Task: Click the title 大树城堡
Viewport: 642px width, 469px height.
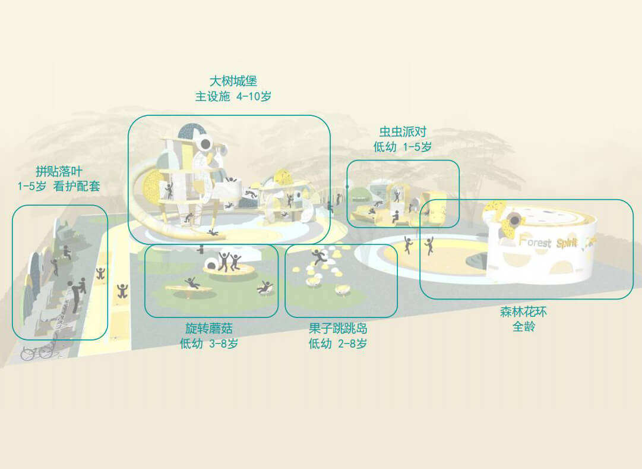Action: pyautogui.click(x=233, y=81)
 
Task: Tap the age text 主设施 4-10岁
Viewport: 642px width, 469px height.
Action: pyautogui.click(x=233, y=96)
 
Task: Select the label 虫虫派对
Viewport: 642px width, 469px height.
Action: pyautogui.click(x=403, y=131)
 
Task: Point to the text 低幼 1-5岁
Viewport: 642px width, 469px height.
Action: pyautogui.click(x=403, y=147)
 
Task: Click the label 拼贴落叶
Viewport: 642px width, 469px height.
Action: pyautogui.click(x=59, y=171)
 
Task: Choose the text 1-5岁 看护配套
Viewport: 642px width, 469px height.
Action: pyautogui.click(x=59, y=186)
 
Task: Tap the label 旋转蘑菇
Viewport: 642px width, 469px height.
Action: pyautogui.click(x=209, y=328)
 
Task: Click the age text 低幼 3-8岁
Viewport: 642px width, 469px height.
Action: pyautogui.click(x=209, y=343)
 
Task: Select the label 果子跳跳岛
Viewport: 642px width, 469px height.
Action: pyautogui.click(x=338, y=328)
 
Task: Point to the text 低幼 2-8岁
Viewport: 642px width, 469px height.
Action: pyautogui.click(x=338, y=343)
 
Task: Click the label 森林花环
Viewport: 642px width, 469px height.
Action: pyautogui.click(x=523, y=311)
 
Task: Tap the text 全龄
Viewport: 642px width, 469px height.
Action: pyautogui.click(x=524, y=327)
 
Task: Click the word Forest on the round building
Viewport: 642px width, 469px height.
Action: pyautogui.click(x=535, y=241)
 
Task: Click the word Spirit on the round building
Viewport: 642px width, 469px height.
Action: pyautogui.click(x=567, y=243)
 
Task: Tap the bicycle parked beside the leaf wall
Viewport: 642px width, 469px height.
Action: pyautogui.click(x=39, y=351)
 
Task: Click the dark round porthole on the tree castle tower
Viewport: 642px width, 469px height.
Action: pyautogui.click(x=205, y=144)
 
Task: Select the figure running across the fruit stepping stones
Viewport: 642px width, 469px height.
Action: pyautogui.click(x=318, y=257)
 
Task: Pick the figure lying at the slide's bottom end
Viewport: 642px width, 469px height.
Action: pyautogui.click(x=212, y=232)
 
